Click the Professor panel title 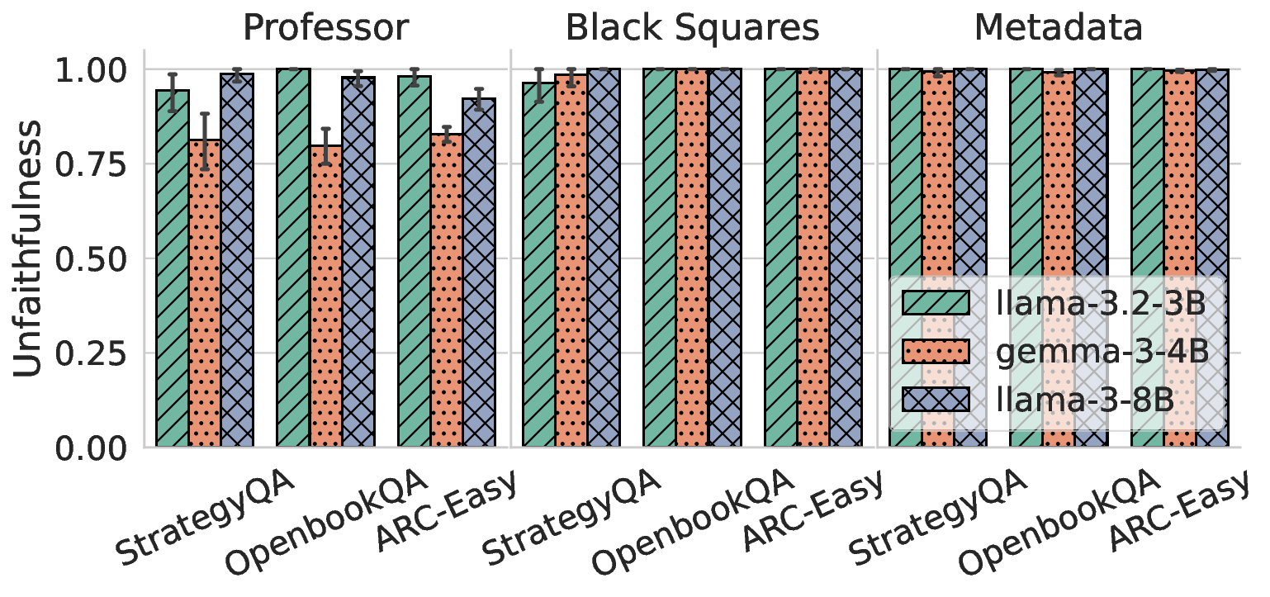pyautogui.click(x=326, y=27)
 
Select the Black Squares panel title pyautogui.click(x=692, y=27)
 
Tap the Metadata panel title pyautogui.click(x=1059, y=27)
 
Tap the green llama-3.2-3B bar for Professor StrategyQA pyautogui.click(x=173, y=268)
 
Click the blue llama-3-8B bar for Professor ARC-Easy pyautogui.click(x=479, y=272)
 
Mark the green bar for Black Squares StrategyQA pyautogui.click(x=538, y=264)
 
